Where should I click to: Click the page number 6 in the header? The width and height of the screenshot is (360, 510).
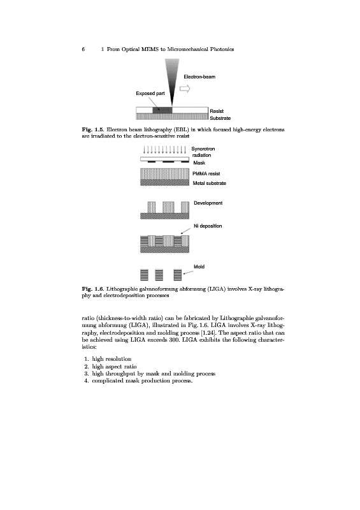83,49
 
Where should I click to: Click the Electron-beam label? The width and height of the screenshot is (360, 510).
199,76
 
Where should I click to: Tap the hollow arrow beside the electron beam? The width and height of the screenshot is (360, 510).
185,88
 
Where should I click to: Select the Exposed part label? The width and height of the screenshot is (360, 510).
150,93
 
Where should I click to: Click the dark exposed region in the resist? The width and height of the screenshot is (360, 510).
162,110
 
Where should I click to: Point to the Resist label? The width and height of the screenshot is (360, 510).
217,111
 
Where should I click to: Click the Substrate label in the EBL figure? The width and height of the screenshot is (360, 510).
220,118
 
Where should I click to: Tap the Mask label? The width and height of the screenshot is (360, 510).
199,163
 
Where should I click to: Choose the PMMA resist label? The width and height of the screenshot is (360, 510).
206,173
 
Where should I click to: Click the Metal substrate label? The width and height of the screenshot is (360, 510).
210,183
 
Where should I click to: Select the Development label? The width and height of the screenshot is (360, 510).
208,203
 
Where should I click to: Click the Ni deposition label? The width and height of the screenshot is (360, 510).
208,226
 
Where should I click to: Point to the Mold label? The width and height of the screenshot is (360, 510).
199,266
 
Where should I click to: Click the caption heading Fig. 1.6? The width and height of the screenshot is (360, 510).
92,289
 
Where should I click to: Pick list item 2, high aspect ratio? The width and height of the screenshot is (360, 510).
111,367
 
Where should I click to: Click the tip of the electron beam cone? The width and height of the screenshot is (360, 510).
172,106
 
